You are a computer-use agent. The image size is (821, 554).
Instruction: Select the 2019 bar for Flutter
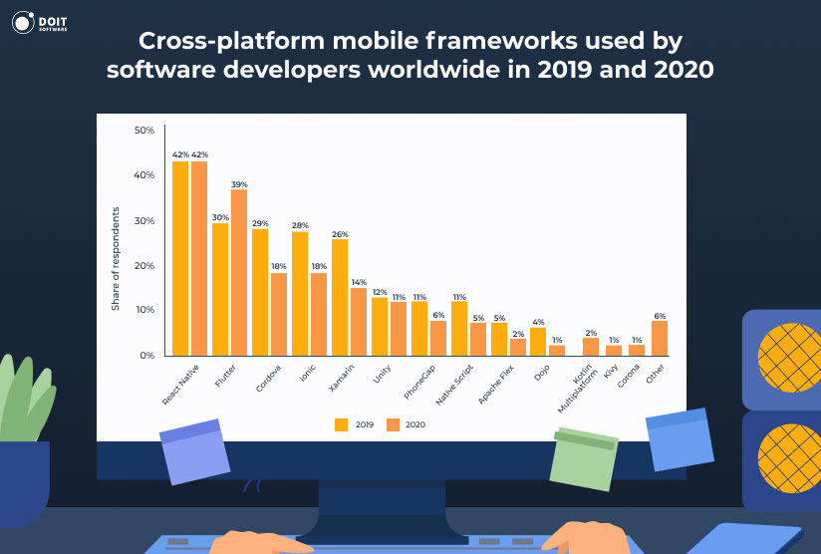[220, 289]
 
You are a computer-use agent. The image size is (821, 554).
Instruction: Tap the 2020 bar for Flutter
[239, 272]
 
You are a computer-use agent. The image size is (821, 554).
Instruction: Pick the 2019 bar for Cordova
[260, 292]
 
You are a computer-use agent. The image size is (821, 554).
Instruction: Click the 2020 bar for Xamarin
[358, 321]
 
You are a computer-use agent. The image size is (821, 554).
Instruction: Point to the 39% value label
[239, 184]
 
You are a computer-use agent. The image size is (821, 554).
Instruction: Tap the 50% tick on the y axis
[144, 131]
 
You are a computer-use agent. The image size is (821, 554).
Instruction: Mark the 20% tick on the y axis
[144, 266]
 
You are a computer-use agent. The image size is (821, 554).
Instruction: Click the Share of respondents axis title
[116, 259]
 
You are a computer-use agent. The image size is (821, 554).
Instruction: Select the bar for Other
[660, 338]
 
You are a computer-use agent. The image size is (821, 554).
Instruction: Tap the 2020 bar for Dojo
[557, 350]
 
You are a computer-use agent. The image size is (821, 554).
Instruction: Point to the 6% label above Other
[660, 316]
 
